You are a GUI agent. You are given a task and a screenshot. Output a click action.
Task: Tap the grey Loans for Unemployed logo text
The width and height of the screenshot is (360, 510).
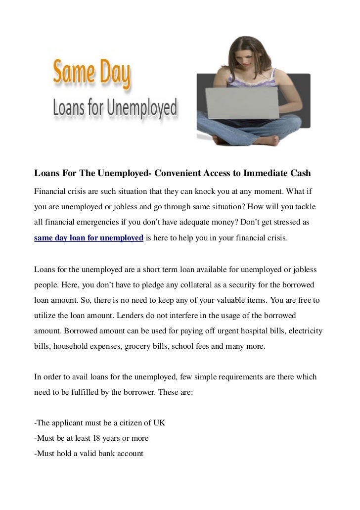click(x=115, y=107)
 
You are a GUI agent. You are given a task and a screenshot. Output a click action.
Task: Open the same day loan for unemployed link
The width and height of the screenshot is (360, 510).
click(x=89, y=238)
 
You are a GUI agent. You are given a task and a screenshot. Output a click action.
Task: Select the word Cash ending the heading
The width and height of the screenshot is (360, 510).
click(x=300, y=174)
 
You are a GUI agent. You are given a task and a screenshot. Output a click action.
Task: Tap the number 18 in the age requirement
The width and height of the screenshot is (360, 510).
click(x=97, y=438)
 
